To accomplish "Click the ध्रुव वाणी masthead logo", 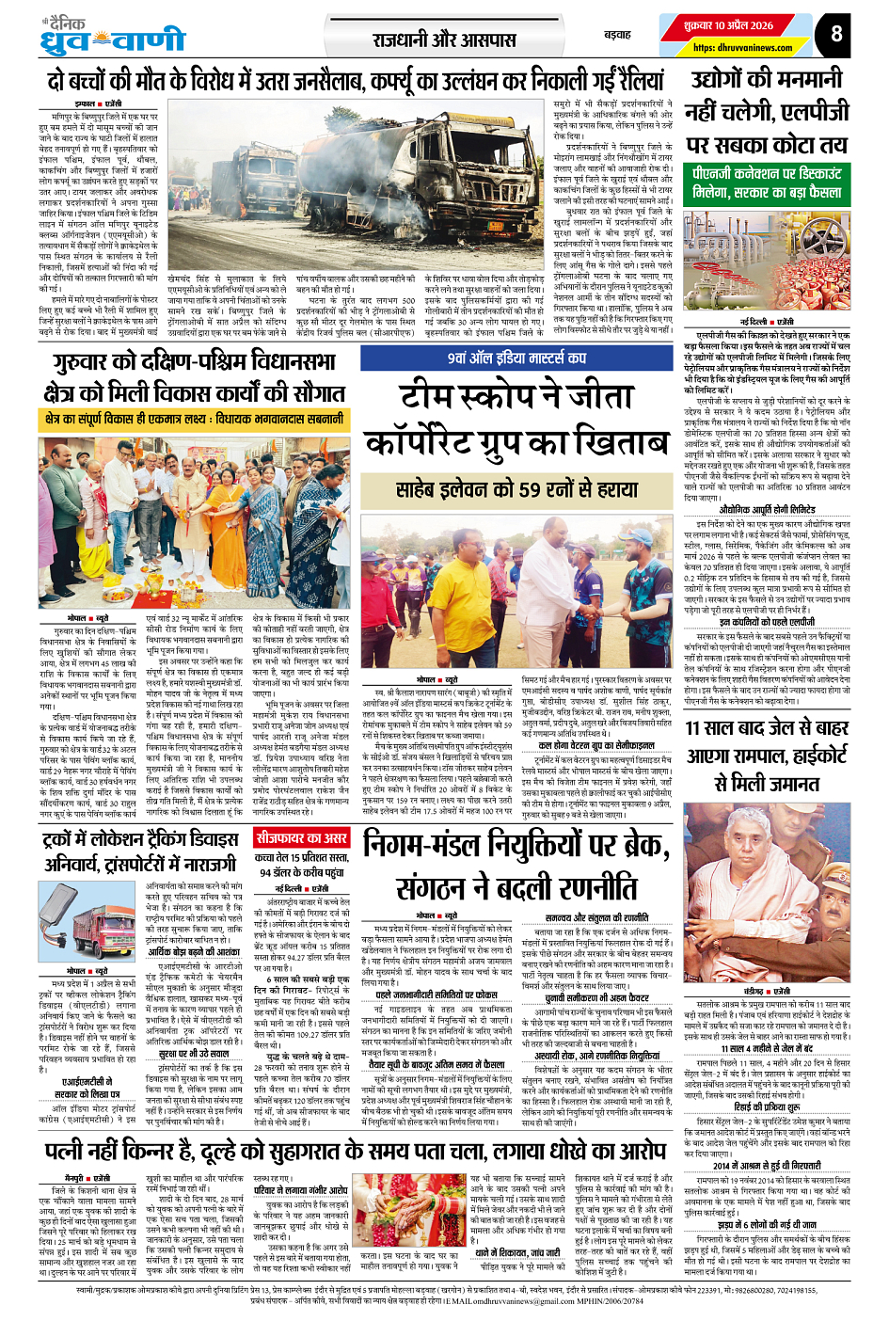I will (x=113, y=39).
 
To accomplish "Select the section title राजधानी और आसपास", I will (x=444, y=40).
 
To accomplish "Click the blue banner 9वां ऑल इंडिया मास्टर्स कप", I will (x=516, y=358).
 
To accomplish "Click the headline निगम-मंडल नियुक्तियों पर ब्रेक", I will (x=516, y=845).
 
